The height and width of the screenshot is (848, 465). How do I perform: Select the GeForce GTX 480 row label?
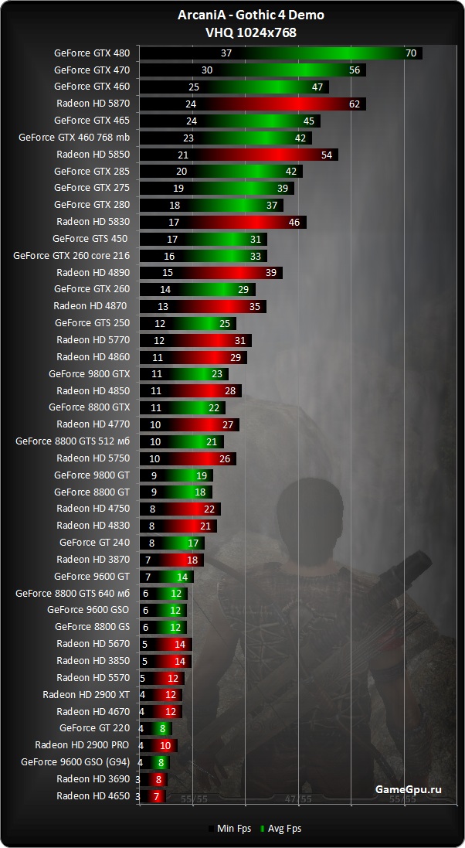(x=92, y=53)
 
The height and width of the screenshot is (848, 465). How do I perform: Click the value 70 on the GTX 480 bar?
(x=410, y=53)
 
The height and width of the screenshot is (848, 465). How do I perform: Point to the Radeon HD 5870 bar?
(x=252, y=104)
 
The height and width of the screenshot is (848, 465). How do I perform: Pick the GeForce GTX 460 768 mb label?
(x=74, y=138)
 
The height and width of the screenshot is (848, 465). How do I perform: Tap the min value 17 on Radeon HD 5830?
(x=174, y=222)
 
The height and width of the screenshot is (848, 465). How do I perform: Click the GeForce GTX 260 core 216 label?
(x=72, y=256)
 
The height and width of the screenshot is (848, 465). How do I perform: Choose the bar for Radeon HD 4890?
(x=210, y=272)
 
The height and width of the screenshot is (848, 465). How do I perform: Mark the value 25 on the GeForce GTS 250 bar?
(x=225, y=323)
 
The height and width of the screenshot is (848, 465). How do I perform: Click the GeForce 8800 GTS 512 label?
(x=73, y=441)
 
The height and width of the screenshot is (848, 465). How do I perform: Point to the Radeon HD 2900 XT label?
(x=87, y=695)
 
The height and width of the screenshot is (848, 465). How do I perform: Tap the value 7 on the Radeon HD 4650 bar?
(x=157, y=796)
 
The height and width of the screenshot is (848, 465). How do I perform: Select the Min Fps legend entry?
(x=231, y=829)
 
